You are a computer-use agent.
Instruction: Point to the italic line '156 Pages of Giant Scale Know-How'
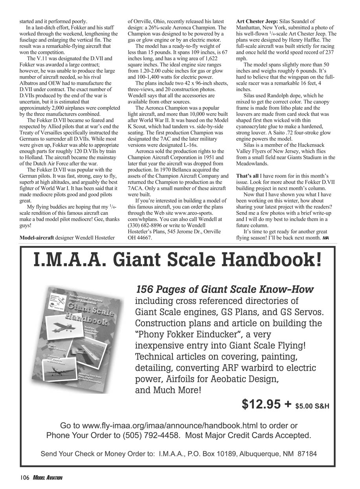[224, 290]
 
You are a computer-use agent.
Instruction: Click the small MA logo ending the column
[326, 238]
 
